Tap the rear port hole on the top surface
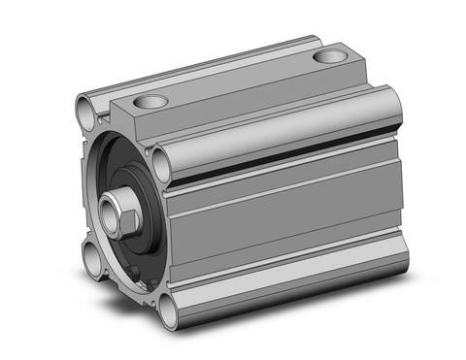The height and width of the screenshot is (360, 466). (329, 57)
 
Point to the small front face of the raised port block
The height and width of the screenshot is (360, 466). (131, 121)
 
